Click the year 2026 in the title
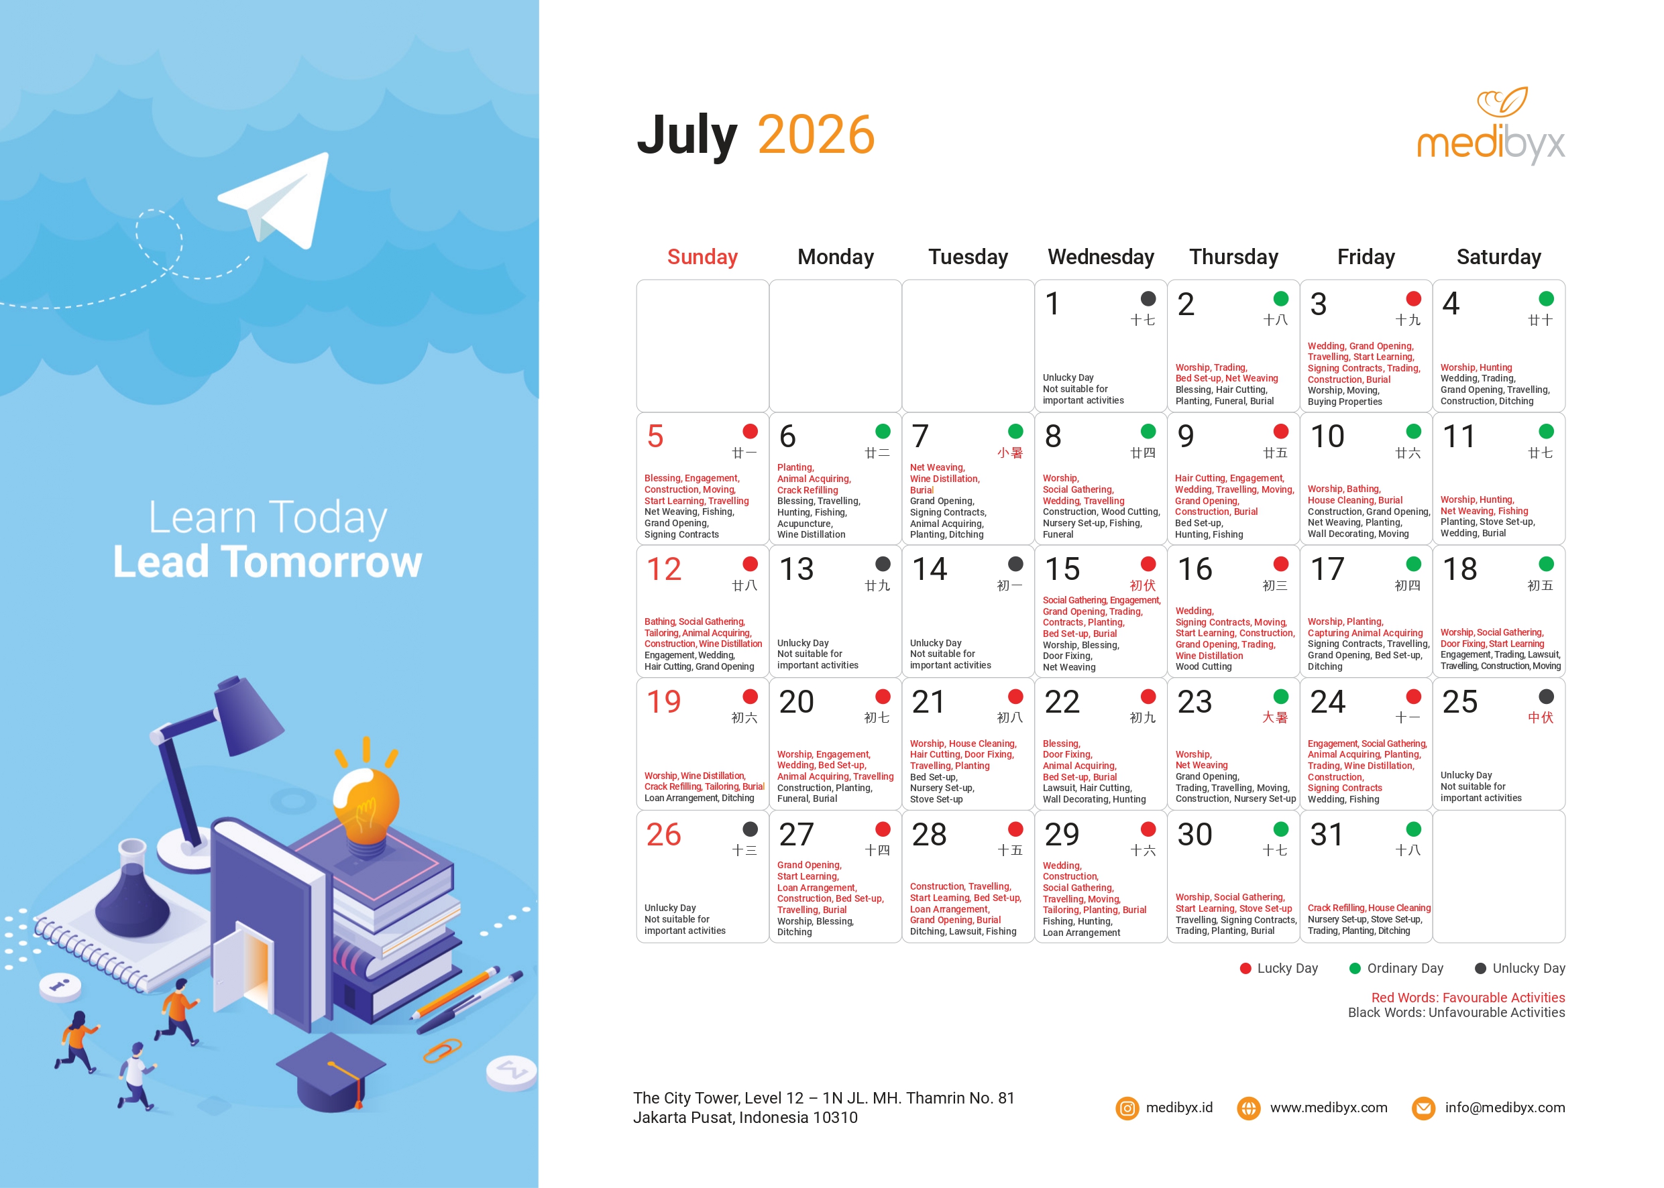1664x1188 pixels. click(816, 135)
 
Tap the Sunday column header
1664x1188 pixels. click(702, 257)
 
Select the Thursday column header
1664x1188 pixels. click(1233, 257)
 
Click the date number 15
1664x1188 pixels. click(1062, 569)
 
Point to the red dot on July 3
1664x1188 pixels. click(1413, 298)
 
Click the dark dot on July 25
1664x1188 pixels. click(1545, 697)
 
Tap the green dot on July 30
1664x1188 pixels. click(1280, 829)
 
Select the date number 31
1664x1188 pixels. click(1326, 835)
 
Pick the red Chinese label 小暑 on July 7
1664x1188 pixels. click(1010, 453)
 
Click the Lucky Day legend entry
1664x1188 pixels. click(1278, 968)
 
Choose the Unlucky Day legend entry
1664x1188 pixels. click(1520, 968)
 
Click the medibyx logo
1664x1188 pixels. click(1490, 126)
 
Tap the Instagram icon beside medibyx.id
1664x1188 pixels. click(1127, 1108)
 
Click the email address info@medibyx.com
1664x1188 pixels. click(1504, 1108)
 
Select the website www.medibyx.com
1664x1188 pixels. click(1328, 1108)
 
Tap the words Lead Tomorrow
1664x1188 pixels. click(267, 562)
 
